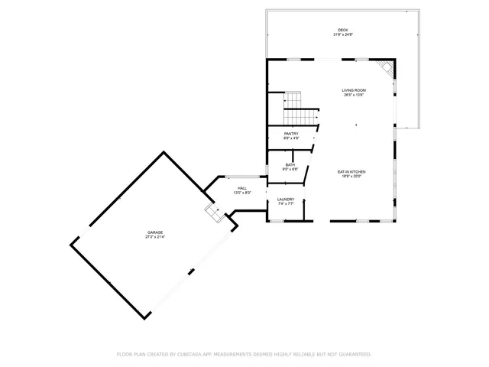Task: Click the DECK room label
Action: coord(343,30)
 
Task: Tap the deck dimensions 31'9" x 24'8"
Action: coord(343,34)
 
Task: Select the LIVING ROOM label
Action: coord(354,90)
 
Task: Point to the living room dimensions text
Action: coord(354,95)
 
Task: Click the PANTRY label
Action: coord(291,134)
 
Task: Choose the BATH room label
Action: coord(290,164)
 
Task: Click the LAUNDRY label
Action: coord(287,200)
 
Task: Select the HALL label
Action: coord(242,188)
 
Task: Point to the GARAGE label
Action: coord(156,232)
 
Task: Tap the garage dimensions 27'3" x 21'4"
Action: coord(156,237)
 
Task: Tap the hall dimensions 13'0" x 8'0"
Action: coord(242,193)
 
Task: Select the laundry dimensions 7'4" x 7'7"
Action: coord(287,205)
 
